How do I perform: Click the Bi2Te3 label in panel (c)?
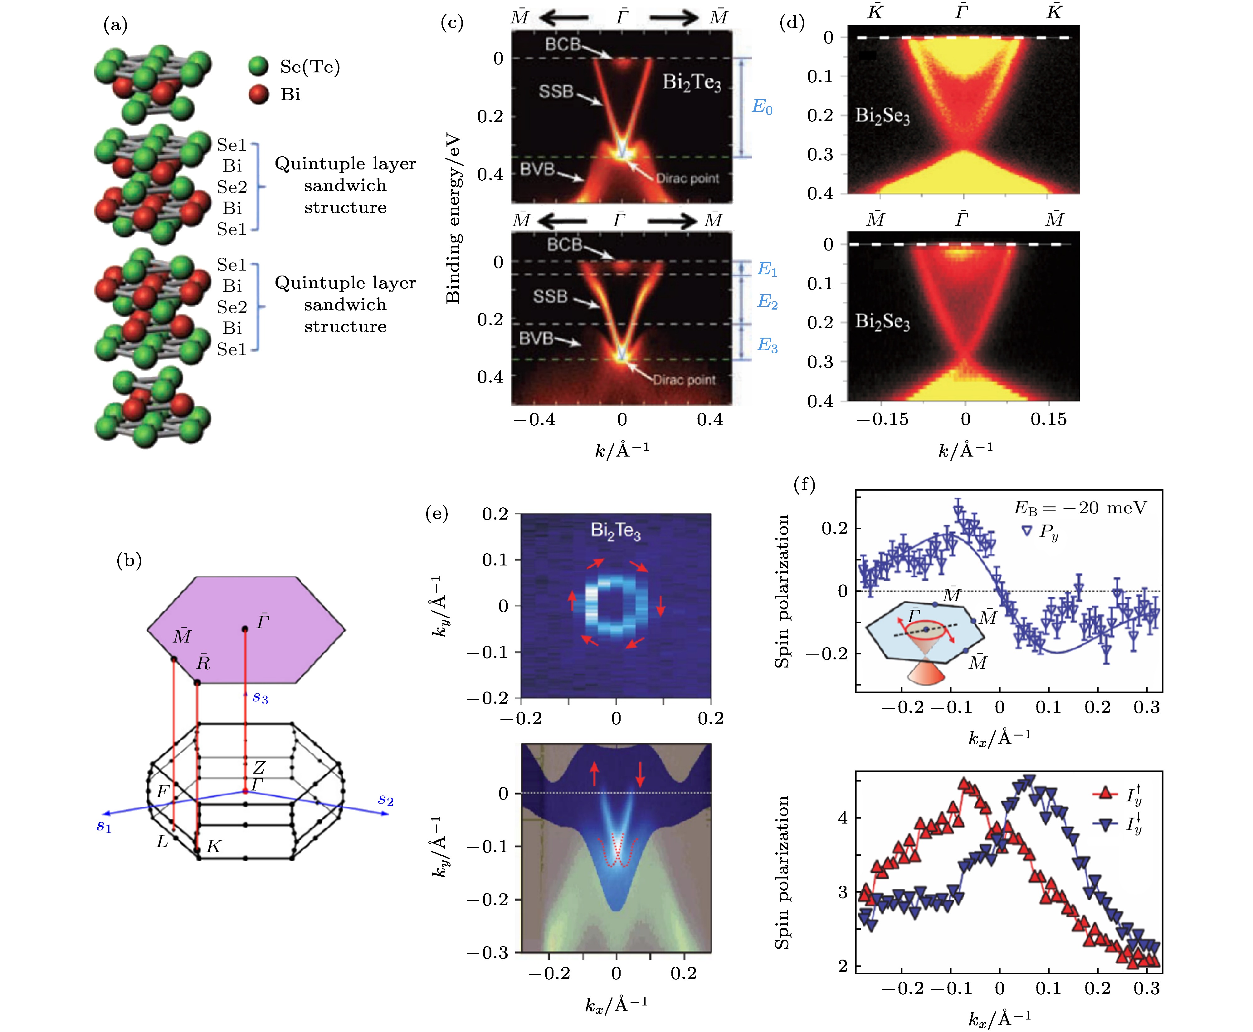pyautogui.click(x=691, y=83)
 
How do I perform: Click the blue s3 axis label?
pyautogui.click(x=260, y=697)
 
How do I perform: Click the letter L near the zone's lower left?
pyautogui.click(x=162, y=842)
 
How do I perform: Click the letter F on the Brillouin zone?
pyautogui.click(x=162, y=791)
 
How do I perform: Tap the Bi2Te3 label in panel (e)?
pyautogui.click(x=616, y=530)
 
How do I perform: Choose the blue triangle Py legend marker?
pyautogui.click(x=1026, y=531)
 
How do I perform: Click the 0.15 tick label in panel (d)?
pyautogui.click(x=1049, y=420)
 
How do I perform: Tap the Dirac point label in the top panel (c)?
pyautogui.click(x=687, y=178)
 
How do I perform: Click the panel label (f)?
pyautogui.click(x=804, y=485)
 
